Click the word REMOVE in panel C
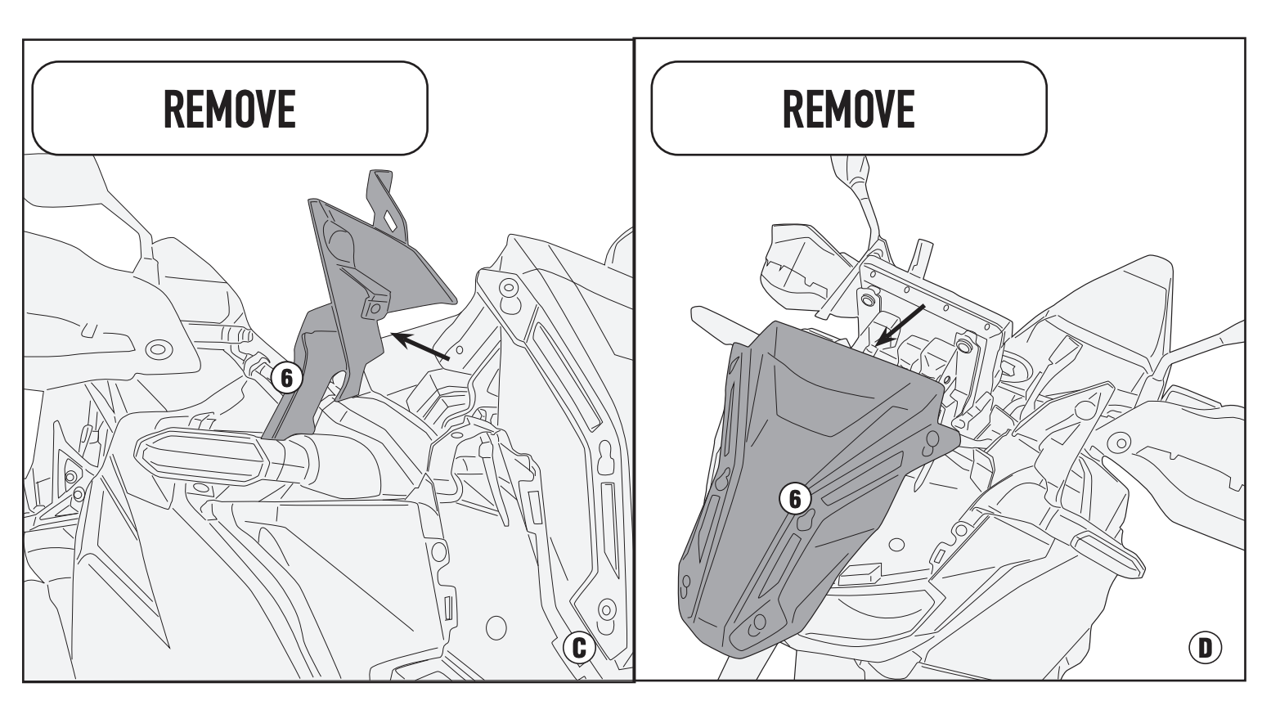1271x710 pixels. pyautogui.click(x=230, y=108)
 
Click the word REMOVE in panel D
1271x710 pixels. pyautogui.click(x=848, y=108)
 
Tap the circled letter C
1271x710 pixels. pyautogui.click(x=579, y=648)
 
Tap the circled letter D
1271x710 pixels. pyautogui.click(x=1204, y=648)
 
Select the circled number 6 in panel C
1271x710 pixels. pyautogui.click(x=286, y=377)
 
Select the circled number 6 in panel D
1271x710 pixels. pyautogui.click(x=795, y=497)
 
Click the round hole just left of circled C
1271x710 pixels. pyautogui.click(x=495, y=628)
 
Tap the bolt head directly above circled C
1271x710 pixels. pyautogui.click(x=605, y=609)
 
